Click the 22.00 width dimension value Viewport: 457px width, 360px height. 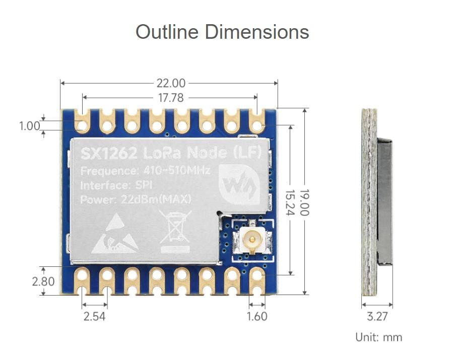pyautogui.click(x=170, y=83)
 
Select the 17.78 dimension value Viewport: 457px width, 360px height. pyautogui.click(x=171, y=98)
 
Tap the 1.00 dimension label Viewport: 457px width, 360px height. pyautogui.click(x=29, y=125)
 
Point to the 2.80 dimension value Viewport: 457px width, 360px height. pyautogui.click(x=43, y=281)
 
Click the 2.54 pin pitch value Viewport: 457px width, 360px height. pyautogui.click(x=95, y=316)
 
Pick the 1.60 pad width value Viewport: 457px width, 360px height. pyautogui.click(x=257, y=316)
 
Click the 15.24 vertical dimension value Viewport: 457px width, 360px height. pyautogui.click(x=289, y=202)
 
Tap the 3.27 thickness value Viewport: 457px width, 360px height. pyautogui.click(x=377, y=316)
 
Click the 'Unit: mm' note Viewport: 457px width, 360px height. pyautogui.click(x=379, y=337)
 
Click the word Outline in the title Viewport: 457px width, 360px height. pyautogui.click(x=167, y=32)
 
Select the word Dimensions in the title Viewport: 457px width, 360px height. pyautogui.click(x=257, y=32)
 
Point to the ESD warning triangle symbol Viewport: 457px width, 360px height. pyautogui.click(x=114, y=234)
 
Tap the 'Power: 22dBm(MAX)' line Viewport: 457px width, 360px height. pyautogui.click(x=136, y=199)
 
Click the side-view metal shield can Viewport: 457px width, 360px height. pyautogui.click(x=384, y=201)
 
